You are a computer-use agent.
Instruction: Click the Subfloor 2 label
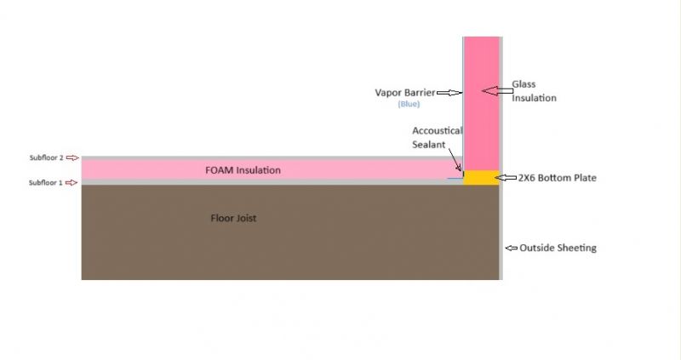pyautogui.click(x=47, y=157)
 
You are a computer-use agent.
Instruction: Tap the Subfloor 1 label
pyautogui.click(x=46, y=183)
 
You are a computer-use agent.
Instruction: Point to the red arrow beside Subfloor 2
pyautogui.click(x=72, y=158)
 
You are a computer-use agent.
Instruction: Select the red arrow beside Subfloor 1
pyautogui.click(x=72, y=183)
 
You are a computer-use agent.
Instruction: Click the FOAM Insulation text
pyautogui.click(x=243, y=170)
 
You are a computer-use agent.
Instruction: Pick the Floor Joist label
pyautogui.click(x=233, y=218)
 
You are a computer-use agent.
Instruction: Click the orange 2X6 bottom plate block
pyautogui.click(x=481, y=178)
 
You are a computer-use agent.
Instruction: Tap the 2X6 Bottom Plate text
pyautogui.click(x=558, y=178)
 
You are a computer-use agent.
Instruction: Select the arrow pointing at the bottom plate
pyautogui.click(x=506, y=178)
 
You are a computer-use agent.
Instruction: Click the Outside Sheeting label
pyautogui.click(x=558, y=248)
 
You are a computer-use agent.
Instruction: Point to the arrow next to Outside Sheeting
pyautogui.click(x=512, y=248)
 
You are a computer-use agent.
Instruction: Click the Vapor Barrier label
pyautogui.click(x=405, y=93)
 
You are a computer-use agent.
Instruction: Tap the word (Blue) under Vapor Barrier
pyautogui.click(x=409, y=104)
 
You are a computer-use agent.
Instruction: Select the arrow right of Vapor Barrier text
pyautogui.click(x=449, y=93)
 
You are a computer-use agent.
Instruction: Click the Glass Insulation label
pyautogui.click(x=534, y=91)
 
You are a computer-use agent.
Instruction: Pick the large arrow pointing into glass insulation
pyautogui.click(x=497, y=91)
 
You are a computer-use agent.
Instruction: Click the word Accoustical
pyautogui.click(x=437, y=131)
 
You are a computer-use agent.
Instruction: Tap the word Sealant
pyautogui.click(x=429, y=145)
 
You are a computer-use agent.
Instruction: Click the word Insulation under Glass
pyautogui.click(x=534, y=98)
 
